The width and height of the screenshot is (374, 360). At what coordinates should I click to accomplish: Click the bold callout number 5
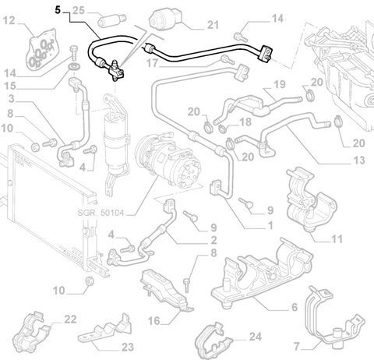[x=58, y=10]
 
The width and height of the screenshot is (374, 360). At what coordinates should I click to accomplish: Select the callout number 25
[x=79, y=10]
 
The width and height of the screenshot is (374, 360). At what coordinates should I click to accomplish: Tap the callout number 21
[x=213, y=25]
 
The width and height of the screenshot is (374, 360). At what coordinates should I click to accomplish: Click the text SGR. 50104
[x=101, y=213]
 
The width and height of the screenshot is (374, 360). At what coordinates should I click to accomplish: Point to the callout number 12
[x=9, y=20]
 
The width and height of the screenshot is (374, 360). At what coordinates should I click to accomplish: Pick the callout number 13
[x=359, y=161]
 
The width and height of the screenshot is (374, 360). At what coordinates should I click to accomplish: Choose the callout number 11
[x=337, y=239]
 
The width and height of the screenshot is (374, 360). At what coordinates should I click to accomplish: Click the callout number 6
[x=295, y=307]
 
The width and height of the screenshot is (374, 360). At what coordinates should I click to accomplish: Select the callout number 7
[x=296, y=346]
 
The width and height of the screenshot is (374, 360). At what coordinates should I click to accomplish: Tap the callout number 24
[x=256, y=337]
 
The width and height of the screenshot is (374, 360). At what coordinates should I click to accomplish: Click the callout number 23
[x=128, y=347]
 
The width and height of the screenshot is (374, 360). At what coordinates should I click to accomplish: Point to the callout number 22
[x=70, y=319]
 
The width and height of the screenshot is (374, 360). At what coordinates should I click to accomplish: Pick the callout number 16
[x=153, y=321]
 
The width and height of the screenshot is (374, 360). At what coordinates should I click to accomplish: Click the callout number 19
[x=280, y=84]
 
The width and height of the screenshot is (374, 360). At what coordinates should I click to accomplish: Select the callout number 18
[x=245, y=122]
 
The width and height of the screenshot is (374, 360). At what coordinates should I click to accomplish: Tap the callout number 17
[x=152, y=63]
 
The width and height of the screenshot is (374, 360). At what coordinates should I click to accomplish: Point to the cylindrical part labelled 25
[x=112, y=20]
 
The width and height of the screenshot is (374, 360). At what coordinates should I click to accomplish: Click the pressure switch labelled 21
[x=166, y=18]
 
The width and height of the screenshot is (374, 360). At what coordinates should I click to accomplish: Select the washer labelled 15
[x=74, y=67]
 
